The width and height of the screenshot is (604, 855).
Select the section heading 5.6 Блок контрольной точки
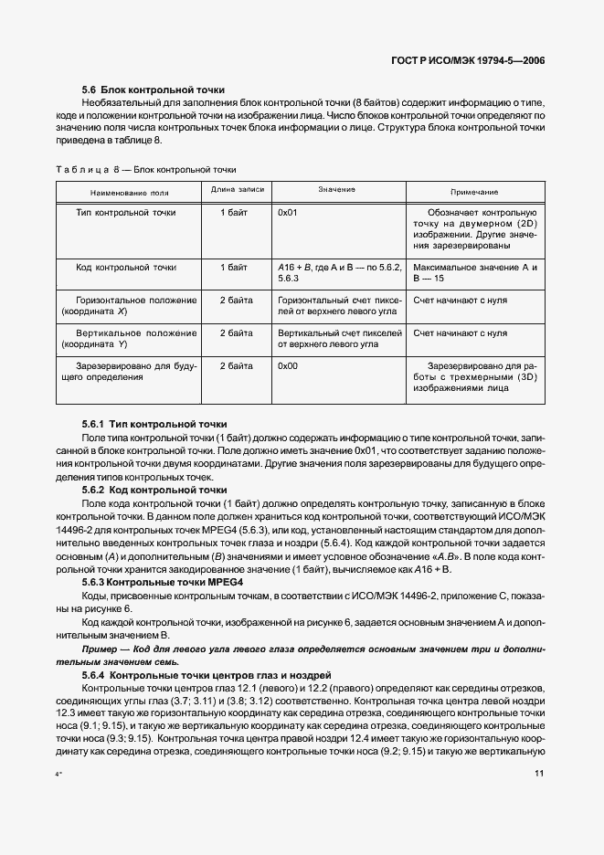coord(153,90)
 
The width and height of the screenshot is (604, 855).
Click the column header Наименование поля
coord(129,192)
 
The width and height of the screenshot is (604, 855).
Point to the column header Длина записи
coord(237,189)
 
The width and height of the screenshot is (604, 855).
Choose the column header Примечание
coord(475,192)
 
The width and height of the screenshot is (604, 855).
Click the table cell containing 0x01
coord(288,213)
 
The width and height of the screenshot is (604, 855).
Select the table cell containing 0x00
coord(288,366)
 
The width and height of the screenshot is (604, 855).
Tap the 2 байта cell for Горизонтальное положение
coord(236,300)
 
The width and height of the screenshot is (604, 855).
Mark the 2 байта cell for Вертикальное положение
coord(236,333)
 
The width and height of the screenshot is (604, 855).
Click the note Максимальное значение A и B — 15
coord(474,273)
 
